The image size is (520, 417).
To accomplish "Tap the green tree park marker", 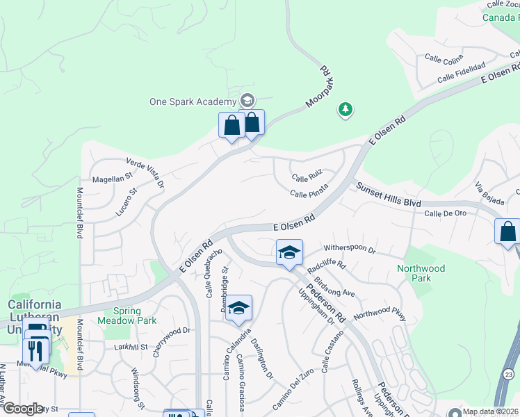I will [345, 109].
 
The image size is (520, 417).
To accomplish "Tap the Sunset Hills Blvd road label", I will [389, 195].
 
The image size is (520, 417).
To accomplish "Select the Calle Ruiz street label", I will [307, 179].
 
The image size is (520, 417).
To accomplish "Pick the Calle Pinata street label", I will [309, 195].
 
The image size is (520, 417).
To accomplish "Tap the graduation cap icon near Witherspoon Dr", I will [289, 252].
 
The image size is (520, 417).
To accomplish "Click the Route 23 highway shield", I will [508, 375].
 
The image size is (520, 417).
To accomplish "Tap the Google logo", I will [23, 409].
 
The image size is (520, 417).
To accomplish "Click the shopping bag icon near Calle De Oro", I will [507, 231].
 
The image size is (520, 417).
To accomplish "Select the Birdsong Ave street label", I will [335, 287].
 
